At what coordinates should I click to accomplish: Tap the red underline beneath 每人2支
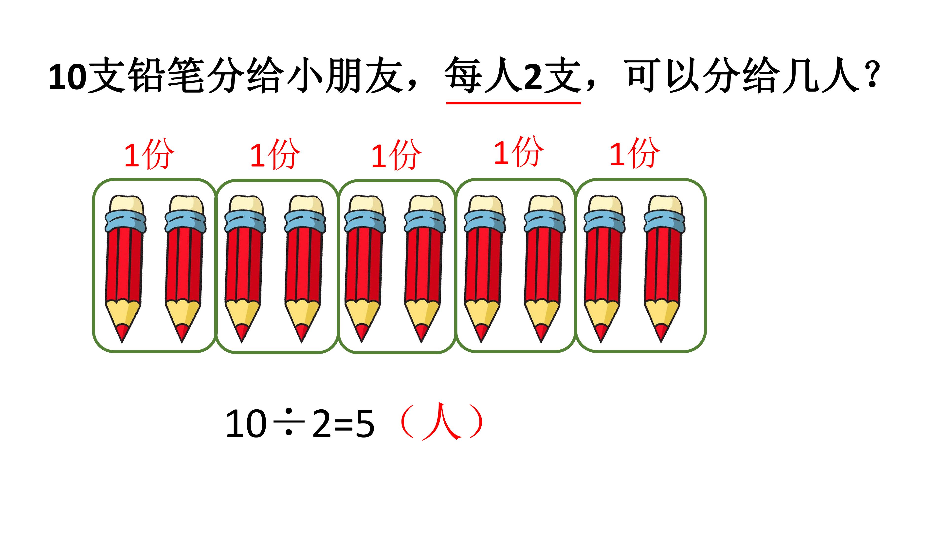click(513, 103)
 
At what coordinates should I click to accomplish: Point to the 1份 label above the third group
click(396, 155)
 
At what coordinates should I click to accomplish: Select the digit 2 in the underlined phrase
click(533, 77)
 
